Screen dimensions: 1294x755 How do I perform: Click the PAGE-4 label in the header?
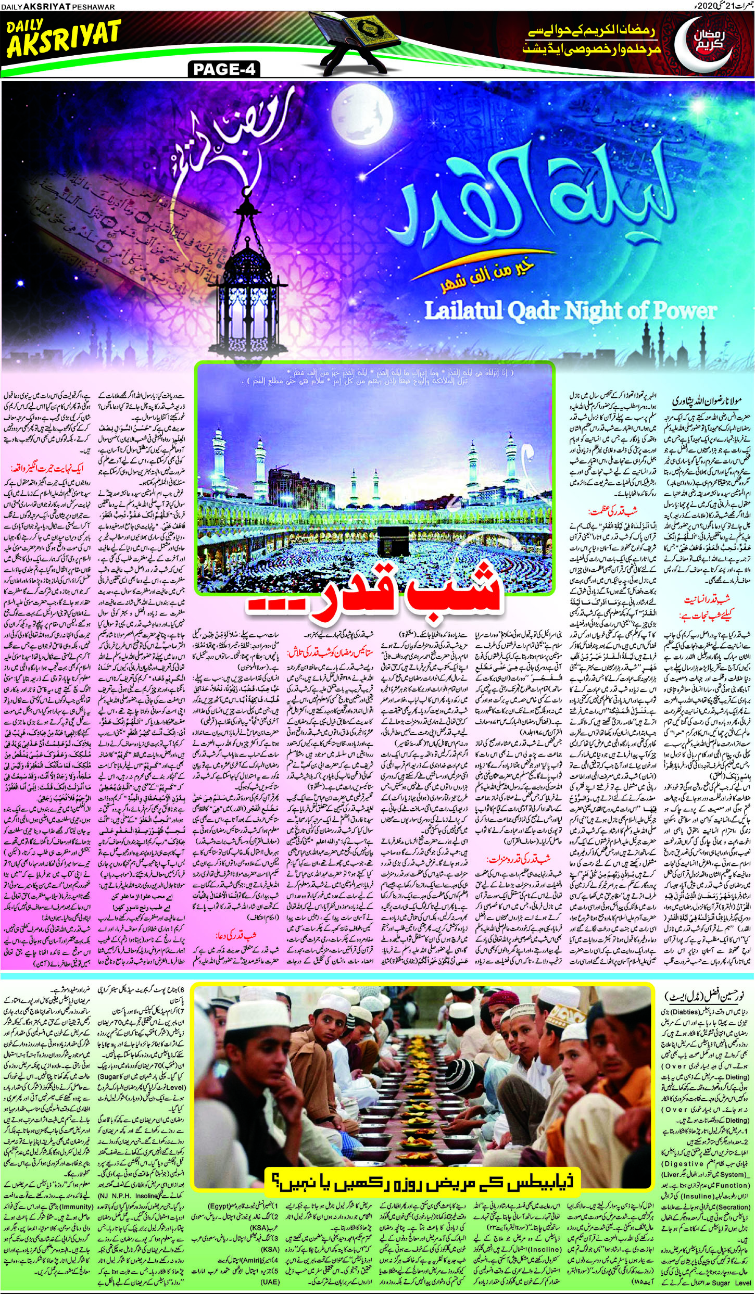pos(224,69)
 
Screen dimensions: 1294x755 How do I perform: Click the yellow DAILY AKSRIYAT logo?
pos(64,38)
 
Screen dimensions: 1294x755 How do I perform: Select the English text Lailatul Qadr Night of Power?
pos(570,311)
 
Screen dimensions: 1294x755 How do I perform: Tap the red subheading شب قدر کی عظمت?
pos(612,510)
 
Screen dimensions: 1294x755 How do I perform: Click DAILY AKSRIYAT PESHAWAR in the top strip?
pos(57,7)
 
